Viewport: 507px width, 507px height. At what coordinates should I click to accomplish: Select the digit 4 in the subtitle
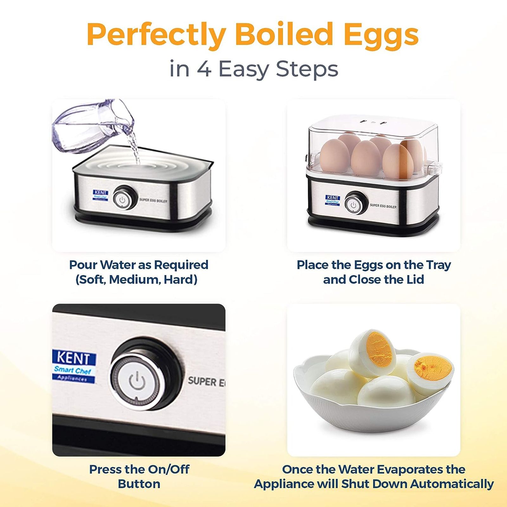[x=204, y=69]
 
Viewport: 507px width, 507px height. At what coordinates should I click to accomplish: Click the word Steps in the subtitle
[x=307, y=69]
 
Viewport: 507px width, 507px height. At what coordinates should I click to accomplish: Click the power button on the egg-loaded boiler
[x=354, y=204]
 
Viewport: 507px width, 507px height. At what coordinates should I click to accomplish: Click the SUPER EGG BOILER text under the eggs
[x=383, y=206]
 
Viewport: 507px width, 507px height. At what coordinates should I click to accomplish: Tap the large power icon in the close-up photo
[x=137, y=381]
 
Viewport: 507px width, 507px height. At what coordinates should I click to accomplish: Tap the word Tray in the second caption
[x=438, y=265]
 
